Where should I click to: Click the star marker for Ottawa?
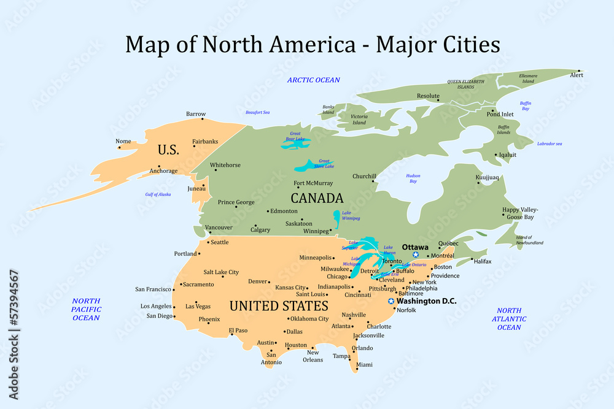pyautogui.click(x=416, y=254)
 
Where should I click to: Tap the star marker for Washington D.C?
pyautogui.click(x=391, y=301)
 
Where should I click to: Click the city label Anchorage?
pyautogui.click(x=163, y=171)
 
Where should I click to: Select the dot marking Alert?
pyautogui.click(x=578, y=71)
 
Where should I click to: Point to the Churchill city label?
pyautogui.click(x=364, y=177)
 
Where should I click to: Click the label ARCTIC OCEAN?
pyautogui.click(x=313, y=80)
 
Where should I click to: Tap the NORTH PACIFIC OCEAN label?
pyautogui.click(x=86, y=309)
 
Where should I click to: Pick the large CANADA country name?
pyautogui.click(x=317, y=199)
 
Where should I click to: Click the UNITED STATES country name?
pyautogui.click(x=278, y=305)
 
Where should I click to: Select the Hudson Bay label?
pyautogui.click(x=413, y=178)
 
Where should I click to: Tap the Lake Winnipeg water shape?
pyautogui.click(x=336, y=219)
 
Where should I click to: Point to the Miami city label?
pyautogui.click(x=364, y=365)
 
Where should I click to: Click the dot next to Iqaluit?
pyautogui.click(x=495, y=155)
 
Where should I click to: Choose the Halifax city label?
pyautogui.click(x=483, y=261)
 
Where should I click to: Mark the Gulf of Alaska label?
pyautogui.click(x=158, y=194)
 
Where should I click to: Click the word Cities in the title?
pyautogui.click(x=468, y=44)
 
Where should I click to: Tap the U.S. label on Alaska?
pyautogui.click(x=168, y=150)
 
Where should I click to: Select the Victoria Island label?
pyautogui.click(x=359, y=120)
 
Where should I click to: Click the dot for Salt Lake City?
pyautogui.click(x=222, y=277)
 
